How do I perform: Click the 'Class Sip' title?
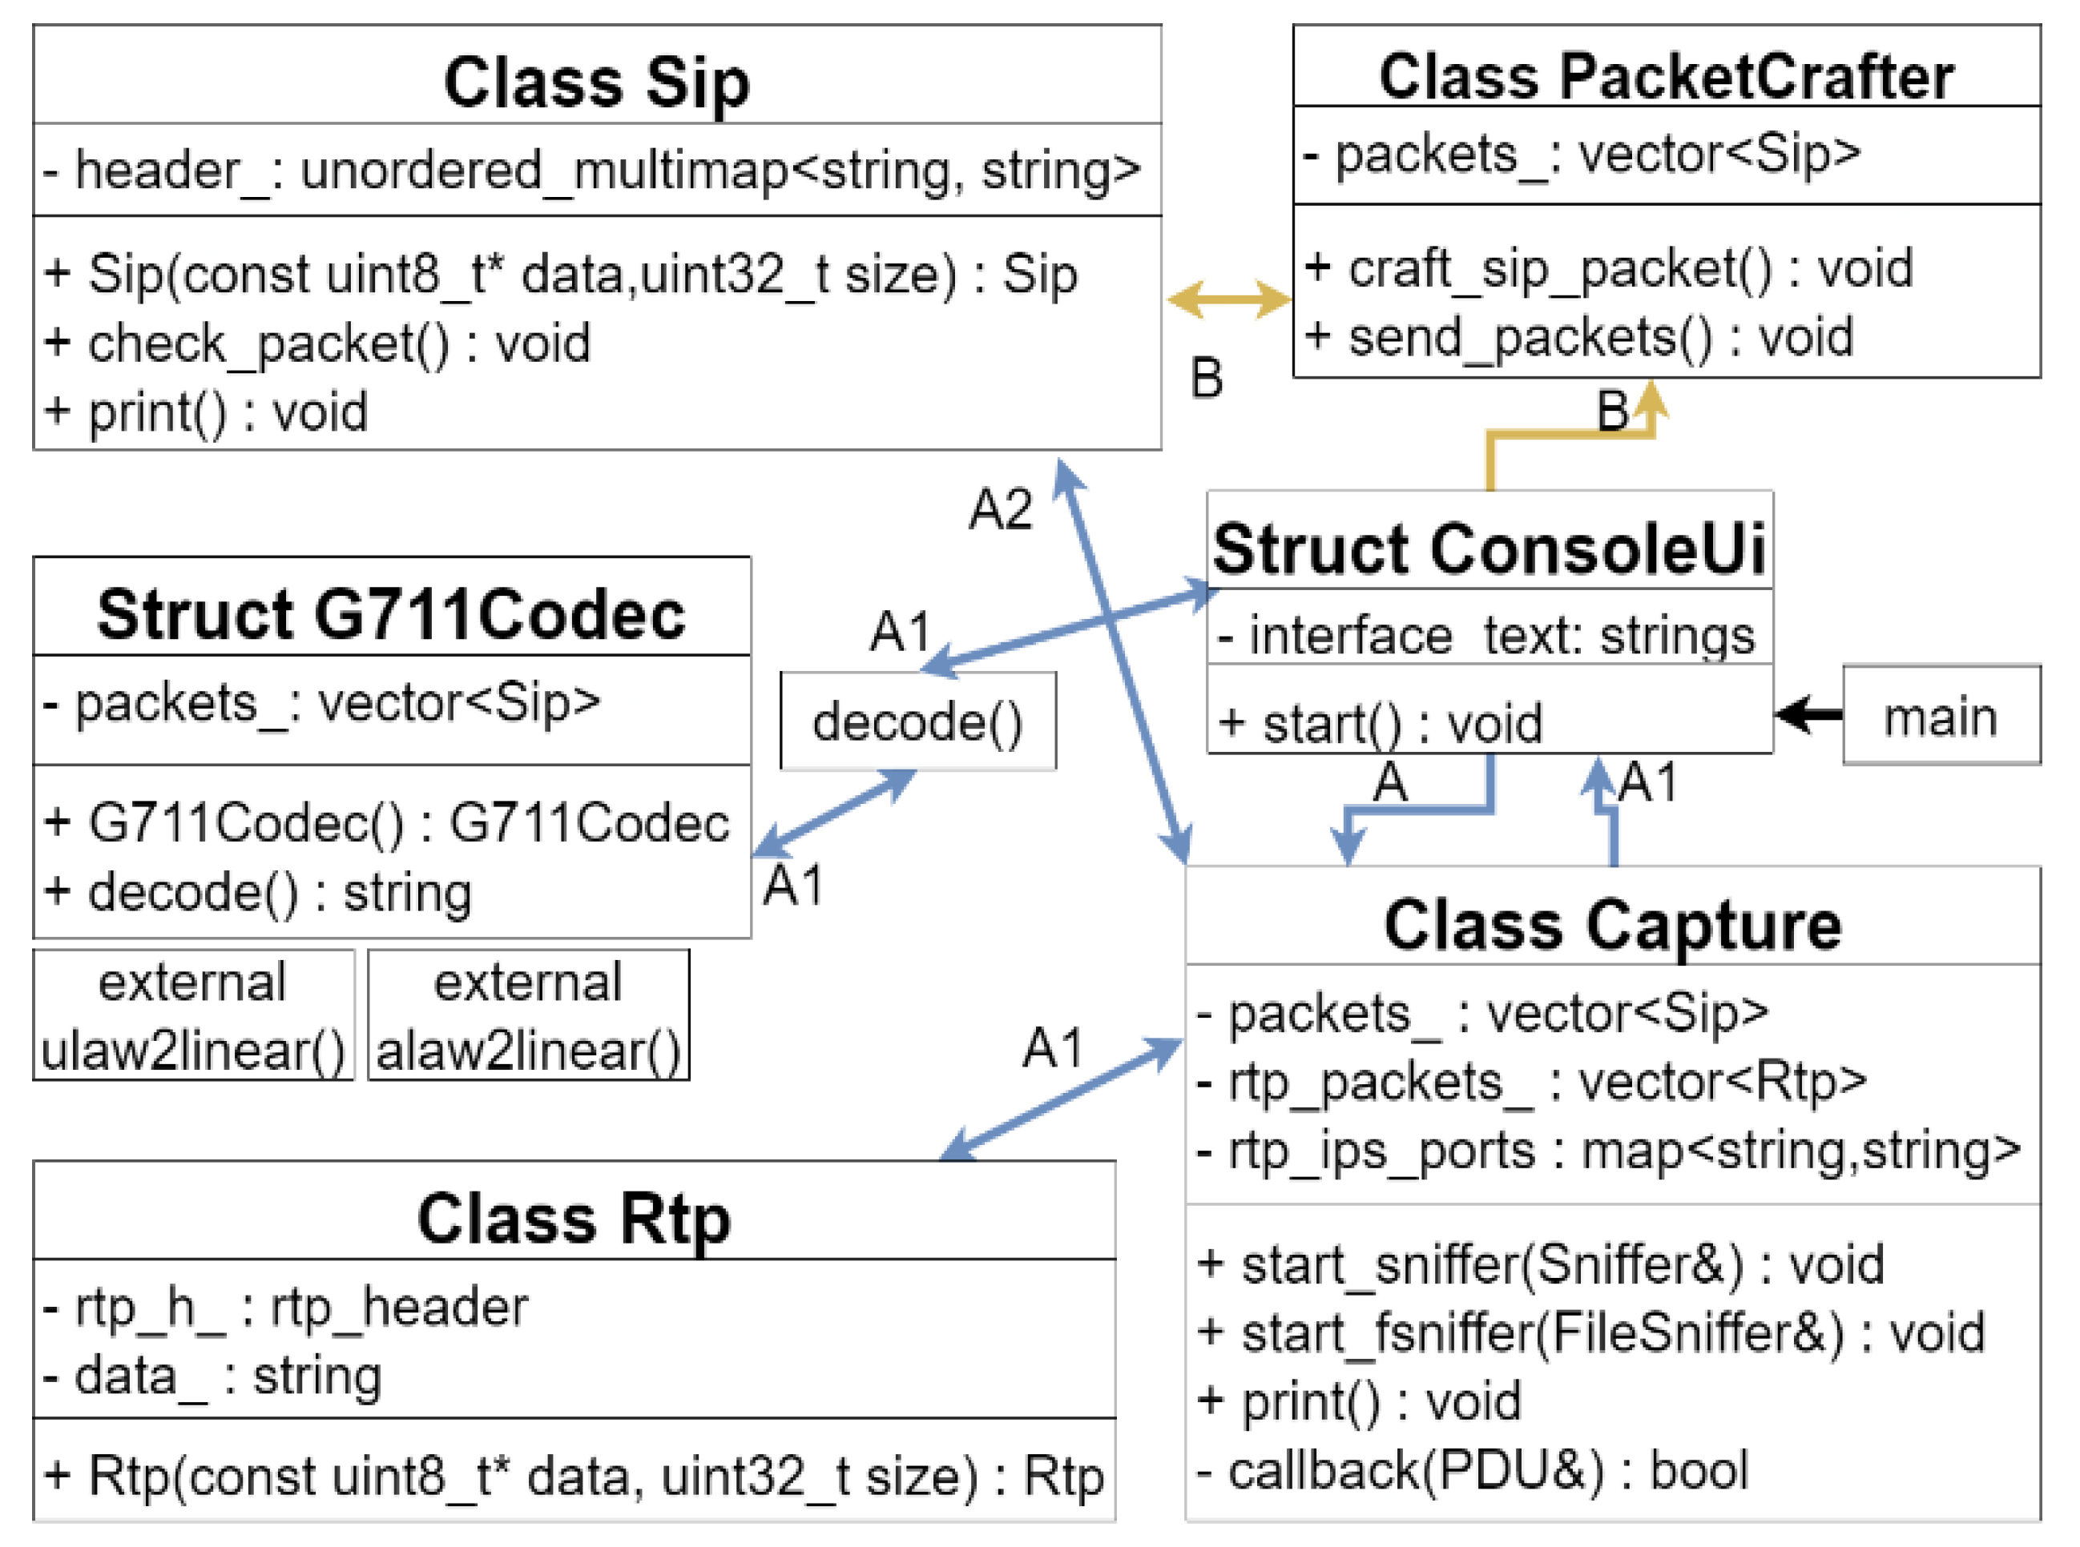point(597,82)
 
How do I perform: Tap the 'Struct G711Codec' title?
point(392,614)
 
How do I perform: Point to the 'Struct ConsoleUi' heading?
point(1489,548)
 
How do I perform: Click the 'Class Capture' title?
point(1612,925)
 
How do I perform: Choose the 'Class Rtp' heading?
point(574,1220)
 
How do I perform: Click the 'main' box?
point(1941,715)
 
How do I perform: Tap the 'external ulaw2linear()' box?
point(193,1015)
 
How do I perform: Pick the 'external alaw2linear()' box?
point(529,1015)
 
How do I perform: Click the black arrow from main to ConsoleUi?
point(1808,715)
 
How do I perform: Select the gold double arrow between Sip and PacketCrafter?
point(1228,299)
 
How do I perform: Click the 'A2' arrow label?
point(1001,510)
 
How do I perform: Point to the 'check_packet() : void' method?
point(317,344)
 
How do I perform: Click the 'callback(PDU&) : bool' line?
point(1472,1470)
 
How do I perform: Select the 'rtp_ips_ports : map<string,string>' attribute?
point(1609,1151)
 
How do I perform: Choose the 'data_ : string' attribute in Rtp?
point(212,1376)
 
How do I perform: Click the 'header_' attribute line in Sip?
point(592,171)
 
